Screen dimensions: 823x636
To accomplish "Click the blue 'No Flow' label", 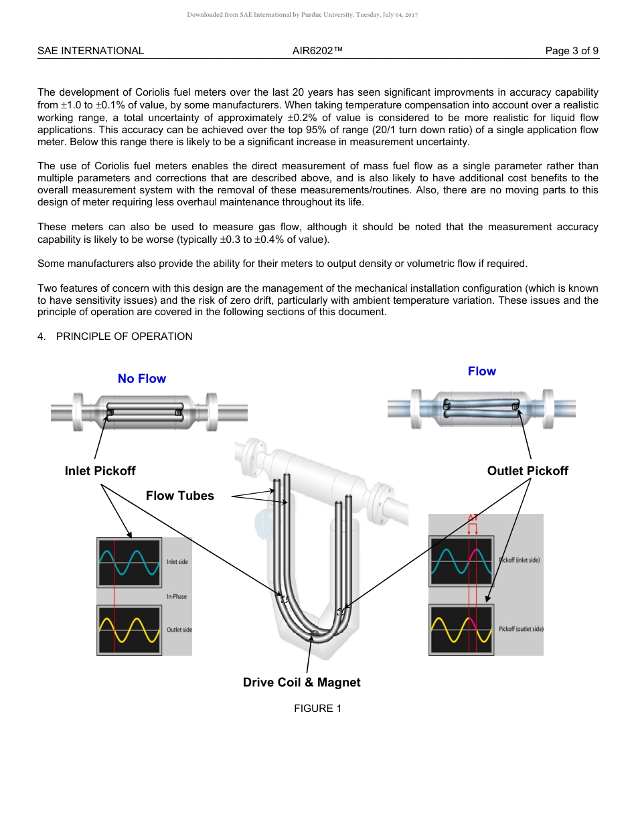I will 141,379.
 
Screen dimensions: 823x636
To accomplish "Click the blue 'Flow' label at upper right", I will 481,371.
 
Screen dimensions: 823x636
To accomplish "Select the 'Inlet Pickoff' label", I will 100,471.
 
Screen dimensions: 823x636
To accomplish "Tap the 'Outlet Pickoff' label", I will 528,471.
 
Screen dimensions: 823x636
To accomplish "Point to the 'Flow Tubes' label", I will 179,496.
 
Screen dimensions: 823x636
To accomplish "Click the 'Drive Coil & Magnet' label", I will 301,682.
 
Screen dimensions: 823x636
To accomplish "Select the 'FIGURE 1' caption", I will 317,709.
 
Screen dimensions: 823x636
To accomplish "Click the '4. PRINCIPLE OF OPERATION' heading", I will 114,337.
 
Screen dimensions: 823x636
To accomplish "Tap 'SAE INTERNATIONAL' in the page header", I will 90,51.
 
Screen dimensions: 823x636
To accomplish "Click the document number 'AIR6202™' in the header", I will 317,51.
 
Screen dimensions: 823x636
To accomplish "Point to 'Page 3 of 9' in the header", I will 572,51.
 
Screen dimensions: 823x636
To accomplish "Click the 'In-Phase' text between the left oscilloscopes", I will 177,596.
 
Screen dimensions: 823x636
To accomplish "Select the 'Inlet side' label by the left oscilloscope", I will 177,562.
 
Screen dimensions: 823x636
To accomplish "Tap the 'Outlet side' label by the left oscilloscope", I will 179,630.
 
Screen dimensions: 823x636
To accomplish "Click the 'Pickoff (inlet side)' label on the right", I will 520,560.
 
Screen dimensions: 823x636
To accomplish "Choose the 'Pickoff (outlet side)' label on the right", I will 521,629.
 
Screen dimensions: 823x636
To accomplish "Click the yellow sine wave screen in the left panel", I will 129,630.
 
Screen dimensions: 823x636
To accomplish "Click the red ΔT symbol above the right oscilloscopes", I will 473,517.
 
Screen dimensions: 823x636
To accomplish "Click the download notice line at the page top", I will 302,15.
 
